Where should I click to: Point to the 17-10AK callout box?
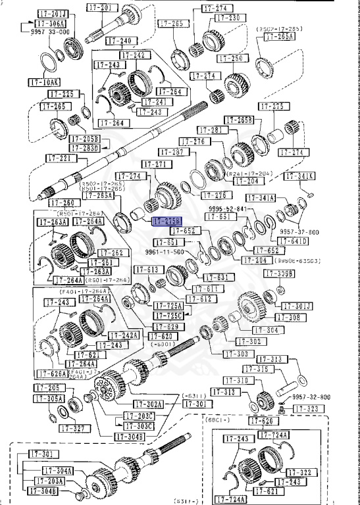point(43,82)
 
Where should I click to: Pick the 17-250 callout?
point(214,59)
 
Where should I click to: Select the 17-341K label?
point(299,176)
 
